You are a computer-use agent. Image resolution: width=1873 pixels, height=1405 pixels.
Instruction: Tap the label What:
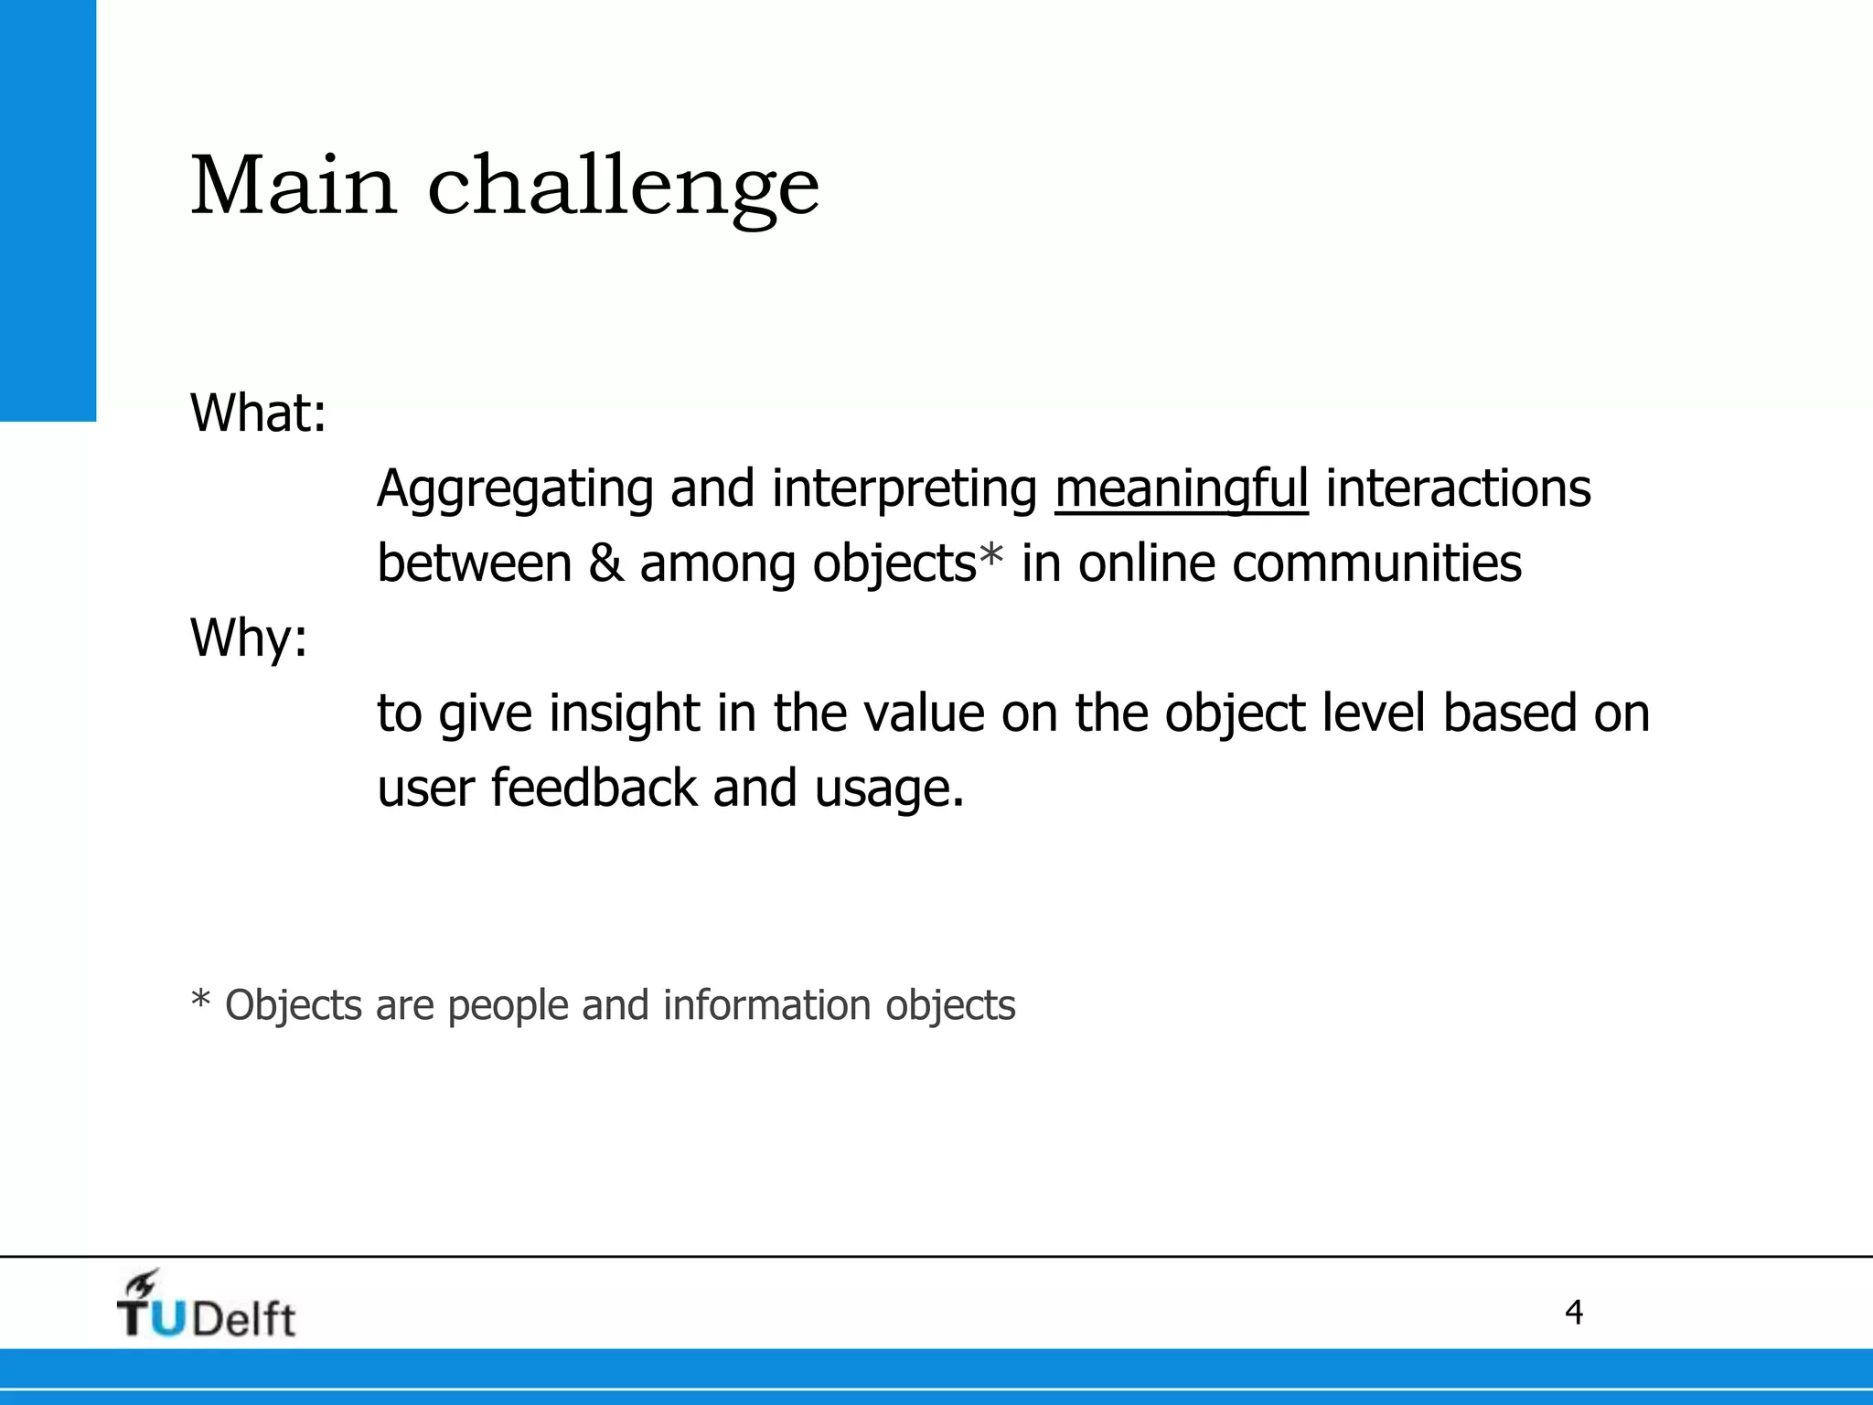click(258, 413)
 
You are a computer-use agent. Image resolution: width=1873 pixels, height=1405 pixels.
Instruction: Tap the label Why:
click(249, 638)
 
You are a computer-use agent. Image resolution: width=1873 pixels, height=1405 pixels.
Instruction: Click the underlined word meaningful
click(1181, 489)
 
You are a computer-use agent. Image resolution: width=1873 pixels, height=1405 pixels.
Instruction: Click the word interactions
click(1458, 488)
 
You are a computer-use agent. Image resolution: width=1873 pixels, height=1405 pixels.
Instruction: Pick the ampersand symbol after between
click(605, 563)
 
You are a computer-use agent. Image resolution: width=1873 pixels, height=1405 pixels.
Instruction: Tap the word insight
click(625, 714)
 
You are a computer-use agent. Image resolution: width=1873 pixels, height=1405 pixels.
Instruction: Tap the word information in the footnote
click(766, 1005)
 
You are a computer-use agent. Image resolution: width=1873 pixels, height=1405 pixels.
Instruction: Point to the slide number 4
click(1573, 1313)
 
